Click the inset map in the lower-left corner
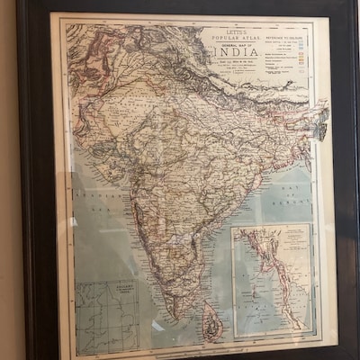[x=108, y=314]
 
